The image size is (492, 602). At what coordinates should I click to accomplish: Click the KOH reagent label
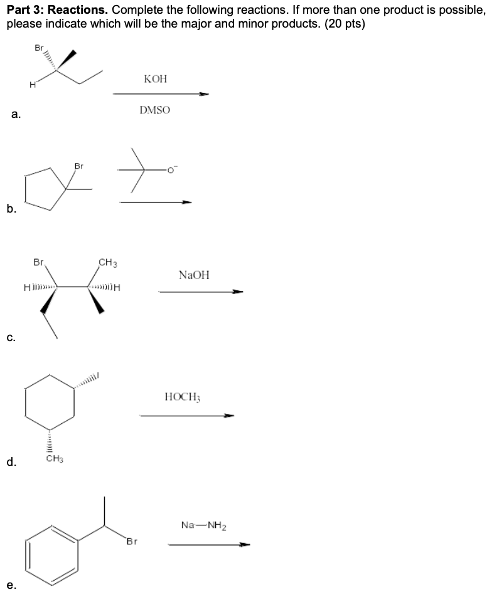pos(156,79)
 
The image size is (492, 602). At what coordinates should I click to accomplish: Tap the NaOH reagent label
pos(194,275)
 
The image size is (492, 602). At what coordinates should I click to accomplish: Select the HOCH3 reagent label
pos(181,397)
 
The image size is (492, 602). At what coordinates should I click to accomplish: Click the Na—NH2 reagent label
pos(204,525)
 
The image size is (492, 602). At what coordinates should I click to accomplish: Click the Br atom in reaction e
pos(131,541)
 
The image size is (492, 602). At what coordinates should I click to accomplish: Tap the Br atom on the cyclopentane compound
pos(79,166)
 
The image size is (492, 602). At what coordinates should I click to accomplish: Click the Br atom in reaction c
pos(39,263)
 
